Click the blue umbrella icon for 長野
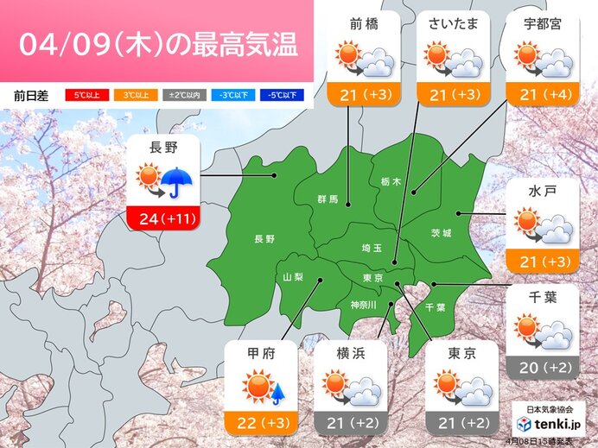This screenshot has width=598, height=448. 178,182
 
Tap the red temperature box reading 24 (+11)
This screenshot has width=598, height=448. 164,219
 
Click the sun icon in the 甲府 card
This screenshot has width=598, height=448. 258,387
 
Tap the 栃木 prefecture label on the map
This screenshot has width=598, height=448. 391,182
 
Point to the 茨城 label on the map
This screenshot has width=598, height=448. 442,233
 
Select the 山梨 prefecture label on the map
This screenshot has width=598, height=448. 294,276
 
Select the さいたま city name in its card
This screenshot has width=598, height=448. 453,24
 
